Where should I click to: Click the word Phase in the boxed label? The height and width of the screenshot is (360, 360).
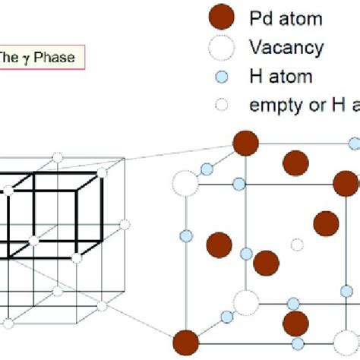(x=52, y=57)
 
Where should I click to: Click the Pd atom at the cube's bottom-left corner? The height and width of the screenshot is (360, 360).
(x=185, y=341)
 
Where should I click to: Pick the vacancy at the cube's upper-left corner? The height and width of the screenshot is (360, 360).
(x=185, y=183)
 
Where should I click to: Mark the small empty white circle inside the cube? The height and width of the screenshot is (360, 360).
(x=297, y=245)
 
